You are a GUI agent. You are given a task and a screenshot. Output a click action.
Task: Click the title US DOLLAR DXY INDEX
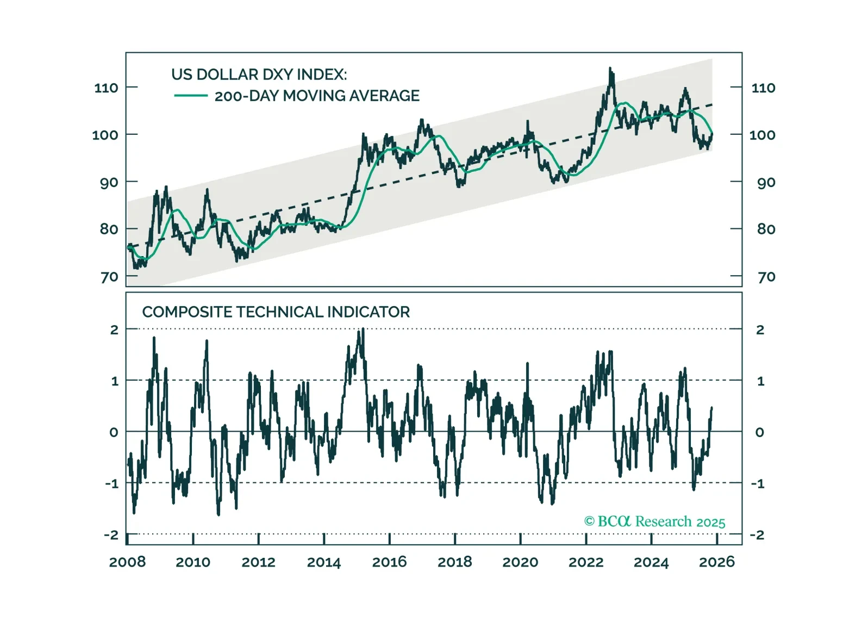point(259,74)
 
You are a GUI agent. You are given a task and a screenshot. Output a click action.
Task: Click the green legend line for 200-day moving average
point(190,96)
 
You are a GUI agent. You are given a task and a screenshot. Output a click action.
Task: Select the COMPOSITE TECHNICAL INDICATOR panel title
point(276,312)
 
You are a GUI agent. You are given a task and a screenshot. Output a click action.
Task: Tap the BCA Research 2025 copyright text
point(654,522)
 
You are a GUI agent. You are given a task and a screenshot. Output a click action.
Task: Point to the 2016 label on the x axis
point(389,562)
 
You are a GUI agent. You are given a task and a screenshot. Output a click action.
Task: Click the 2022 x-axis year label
point(586,562)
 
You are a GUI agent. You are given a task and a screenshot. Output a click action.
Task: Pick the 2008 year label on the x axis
point(127,562)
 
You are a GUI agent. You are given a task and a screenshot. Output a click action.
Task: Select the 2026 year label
point(716,562)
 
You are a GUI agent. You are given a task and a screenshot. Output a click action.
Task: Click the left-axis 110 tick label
point(106,88)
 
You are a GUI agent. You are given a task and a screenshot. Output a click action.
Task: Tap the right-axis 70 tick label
point(766,277)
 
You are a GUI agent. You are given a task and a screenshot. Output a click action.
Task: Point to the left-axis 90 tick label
point(109,183)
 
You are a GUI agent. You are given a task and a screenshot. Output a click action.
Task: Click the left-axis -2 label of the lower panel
point(111,536)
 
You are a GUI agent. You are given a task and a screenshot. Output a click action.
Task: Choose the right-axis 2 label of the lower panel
point(760,330)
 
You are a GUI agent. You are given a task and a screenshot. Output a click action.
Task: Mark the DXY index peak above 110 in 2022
point(610,70)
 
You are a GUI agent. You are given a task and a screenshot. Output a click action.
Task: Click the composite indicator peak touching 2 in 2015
point(363,329)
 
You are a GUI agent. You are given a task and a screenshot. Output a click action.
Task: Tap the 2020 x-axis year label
point(520,562)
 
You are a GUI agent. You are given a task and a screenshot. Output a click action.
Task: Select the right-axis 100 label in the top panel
point(762,135)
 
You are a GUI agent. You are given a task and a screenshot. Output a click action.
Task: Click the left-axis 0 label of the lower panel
point(114,433)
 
